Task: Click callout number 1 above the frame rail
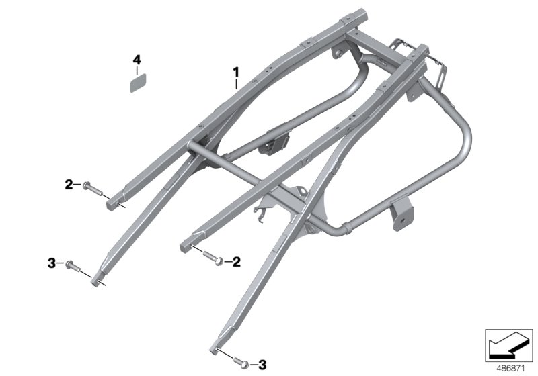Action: click(x=236, y=70)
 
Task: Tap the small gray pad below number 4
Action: click(x=137, y=83)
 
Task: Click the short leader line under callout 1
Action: click(x=237, y=84)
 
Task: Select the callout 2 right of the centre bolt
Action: click(x=236, y=261)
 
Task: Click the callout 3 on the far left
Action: click(x=50, y=264)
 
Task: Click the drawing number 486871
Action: click(x=510, y=367)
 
